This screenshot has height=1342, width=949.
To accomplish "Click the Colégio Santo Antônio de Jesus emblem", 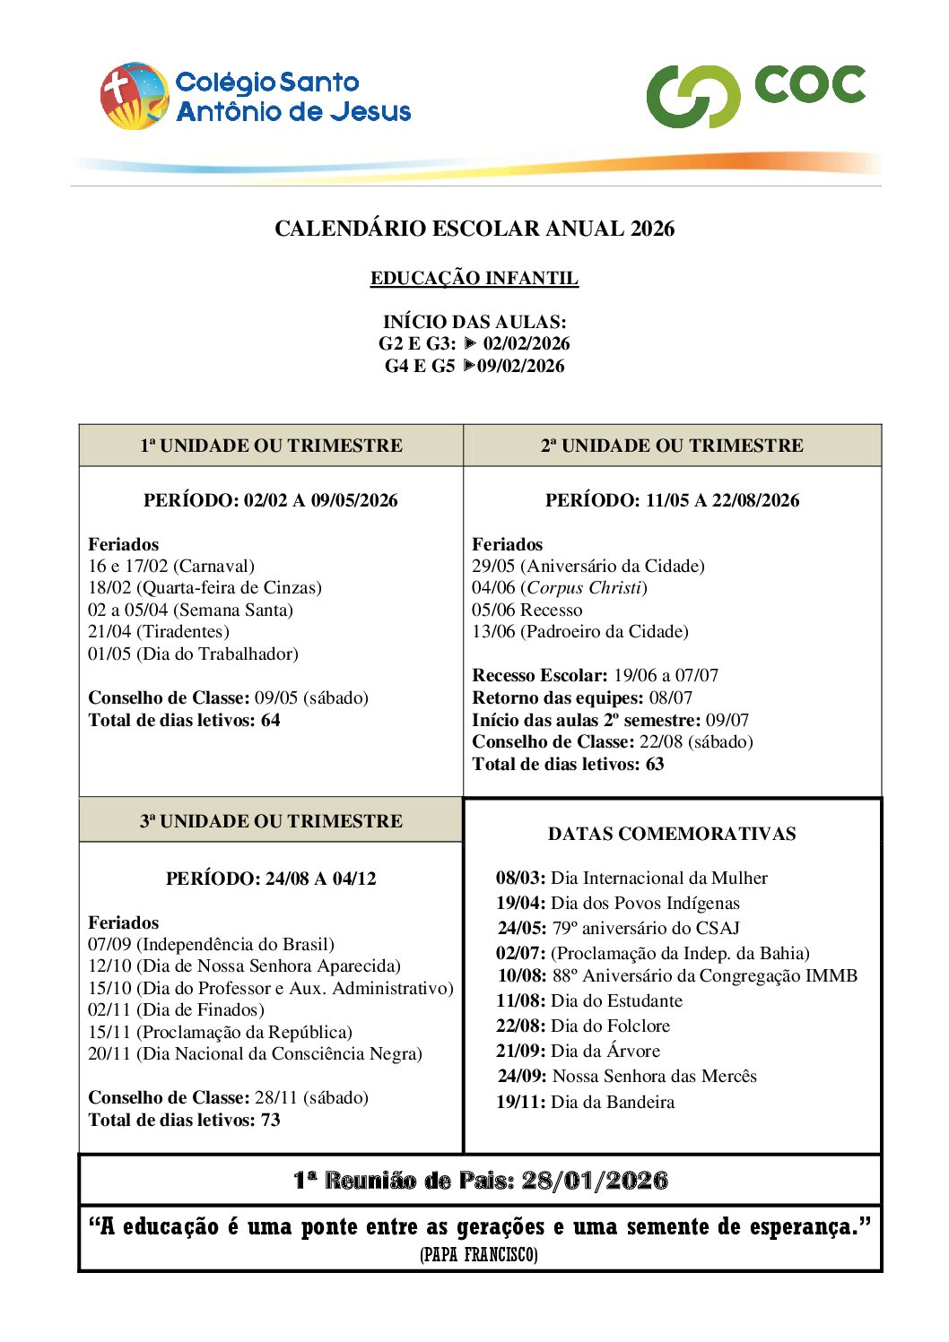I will (x=135, y=96).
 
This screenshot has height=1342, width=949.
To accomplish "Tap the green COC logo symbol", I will (x=692, y=97).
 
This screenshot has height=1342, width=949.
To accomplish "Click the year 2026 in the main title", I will (x=652, y=229).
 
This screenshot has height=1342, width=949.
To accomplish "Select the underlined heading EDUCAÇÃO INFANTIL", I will (x=474, y=278).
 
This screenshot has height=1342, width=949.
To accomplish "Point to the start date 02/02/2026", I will (x=527, y=343).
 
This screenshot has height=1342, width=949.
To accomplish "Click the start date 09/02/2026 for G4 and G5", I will (x=521, y=366).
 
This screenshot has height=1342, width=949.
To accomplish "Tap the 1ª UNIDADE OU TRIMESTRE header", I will (x=271, y=446).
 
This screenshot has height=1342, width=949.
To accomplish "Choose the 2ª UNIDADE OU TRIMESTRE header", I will (x=672, y=446).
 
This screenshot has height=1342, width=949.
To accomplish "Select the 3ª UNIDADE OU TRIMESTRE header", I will (x=271, y=821).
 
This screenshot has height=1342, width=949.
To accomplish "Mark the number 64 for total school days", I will (x=270, y=720).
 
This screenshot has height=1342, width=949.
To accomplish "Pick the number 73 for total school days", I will (x=270, y=1120).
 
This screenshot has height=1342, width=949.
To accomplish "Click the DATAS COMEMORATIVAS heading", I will (x=672, y=834).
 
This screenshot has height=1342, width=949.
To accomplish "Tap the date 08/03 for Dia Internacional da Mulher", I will (x=520, y=879).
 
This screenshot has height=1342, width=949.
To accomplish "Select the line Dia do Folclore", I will (x=610, y=1026).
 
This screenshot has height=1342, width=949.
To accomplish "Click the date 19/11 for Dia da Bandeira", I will (x=520, y=1102).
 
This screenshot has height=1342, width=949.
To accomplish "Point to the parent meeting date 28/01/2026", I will (x=595, y=1180).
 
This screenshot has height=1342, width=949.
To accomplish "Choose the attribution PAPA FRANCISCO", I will (x=479, y=1255).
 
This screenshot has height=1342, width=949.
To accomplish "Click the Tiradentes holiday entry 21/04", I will (x=109, y=632).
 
